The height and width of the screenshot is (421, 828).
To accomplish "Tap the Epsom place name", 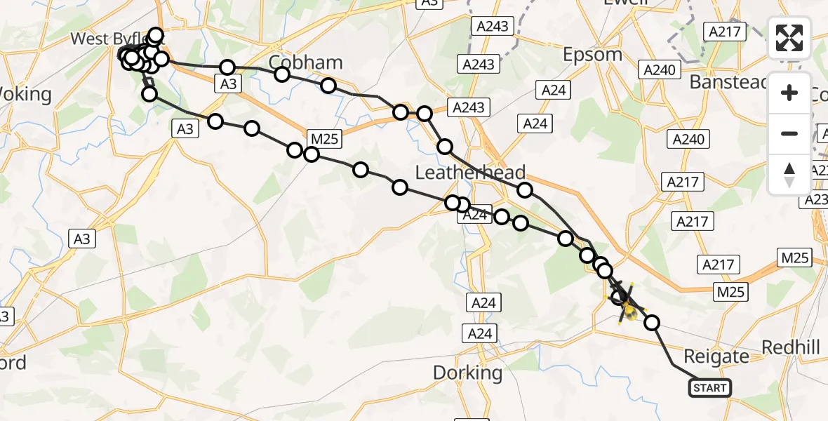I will tap(593, 54).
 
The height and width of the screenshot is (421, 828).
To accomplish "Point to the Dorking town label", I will tap(467, 372).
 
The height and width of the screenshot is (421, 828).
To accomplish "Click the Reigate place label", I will tap(715, 356).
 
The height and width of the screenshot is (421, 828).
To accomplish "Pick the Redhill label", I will tap(790, 347).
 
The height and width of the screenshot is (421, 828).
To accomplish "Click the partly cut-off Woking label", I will tap(25, 94).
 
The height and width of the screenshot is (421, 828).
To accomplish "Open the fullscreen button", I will tap(789, 38).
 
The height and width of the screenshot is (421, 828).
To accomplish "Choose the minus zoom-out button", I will tap(789, 133).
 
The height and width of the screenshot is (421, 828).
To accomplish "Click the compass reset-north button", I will tap(789, 173).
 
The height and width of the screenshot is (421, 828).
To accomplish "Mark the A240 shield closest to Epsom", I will tap(658, 69).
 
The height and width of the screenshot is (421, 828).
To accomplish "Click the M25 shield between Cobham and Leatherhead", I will tap(324, 139).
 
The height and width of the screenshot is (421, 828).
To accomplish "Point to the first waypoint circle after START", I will tap(652, 323).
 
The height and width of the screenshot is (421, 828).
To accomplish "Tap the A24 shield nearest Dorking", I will tap(480, 333).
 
